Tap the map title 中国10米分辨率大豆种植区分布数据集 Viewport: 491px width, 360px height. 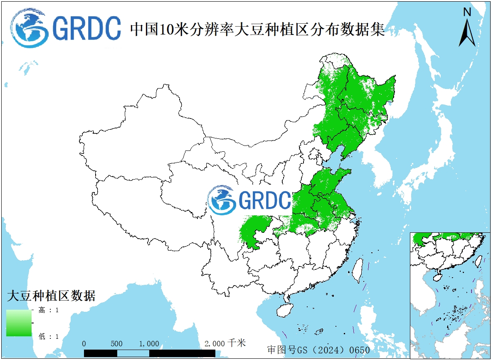coord(258,30)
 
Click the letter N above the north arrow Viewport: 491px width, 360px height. coord(467,12)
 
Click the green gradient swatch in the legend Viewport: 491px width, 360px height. coord(19,323)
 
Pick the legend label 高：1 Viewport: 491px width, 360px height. coord(49,310)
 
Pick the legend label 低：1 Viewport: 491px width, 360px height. coord(49,336)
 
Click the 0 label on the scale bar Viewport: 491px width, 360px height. coord(84,344)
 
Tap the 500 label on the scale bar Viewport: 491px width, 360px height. coord(117,344)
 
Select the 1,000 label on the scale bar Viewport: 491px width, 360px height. coord(149,344)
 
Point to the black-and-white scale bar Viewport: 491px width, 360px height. coord(149,353)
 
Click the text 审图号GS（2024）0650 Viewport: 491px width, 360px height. coord(318,350)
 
